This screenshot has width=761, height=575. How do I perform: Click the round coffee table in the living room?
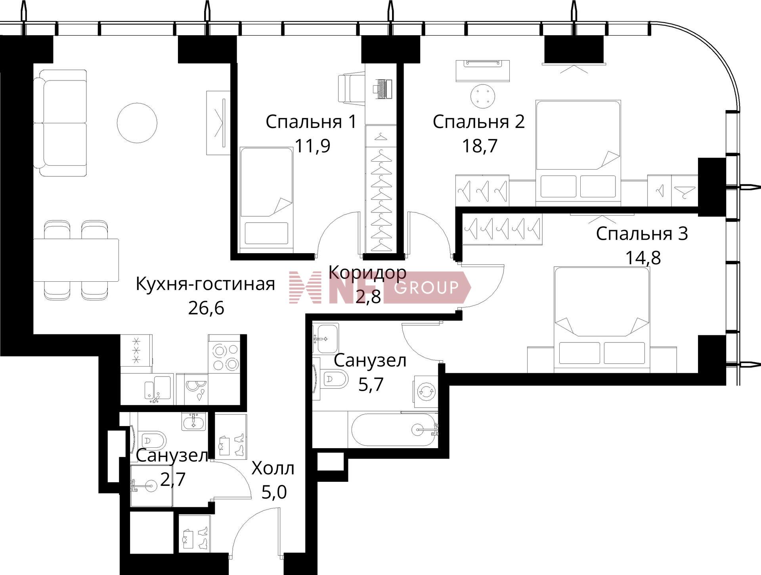tap(137, 122)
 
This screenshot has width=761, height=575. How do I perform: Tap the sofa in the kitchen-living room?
tap(60, 123)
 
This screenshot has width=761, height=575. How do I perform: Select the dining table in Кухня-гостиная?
tap(76, 260)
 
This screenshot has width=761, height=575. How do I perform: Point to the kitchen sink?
tap(158, 388)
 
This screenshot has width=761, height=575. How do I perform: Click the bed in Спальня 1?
tap(266, 200)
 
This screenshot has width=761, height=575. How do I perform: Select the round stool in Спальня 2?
tap(483, 96)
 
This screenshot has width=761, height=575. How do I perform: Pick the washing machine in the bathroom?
tap(426, 392)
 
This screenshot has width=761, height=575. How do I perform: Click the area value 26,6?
tap(206, 308)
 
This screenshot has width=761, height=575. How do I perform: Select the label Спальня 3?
tap(642, 234)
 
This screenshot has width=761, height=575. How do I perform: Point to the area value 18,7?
tap(480, 146)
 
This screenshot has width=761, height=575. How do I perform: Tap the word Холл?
tap(273, 469)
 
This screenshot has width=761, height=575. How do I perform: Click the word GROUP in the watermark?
tap(426, 287)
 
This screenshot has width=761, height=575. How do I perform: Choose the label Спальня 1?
tap(311, 122)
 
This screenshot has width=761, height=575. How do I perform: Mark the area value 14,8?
tap(643, 258)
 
